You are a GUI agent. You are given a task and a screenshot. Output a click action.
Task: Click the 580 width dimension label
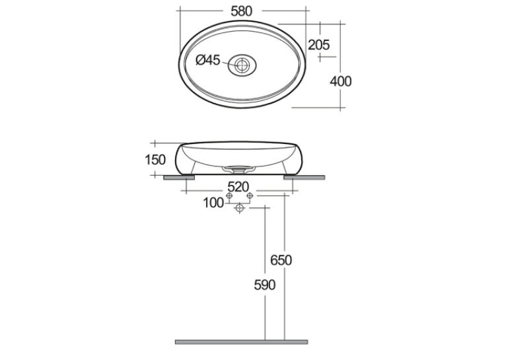tap(241, 11)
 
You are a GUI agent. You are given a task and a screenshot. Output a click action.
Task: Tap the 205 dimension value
tap(319, 45)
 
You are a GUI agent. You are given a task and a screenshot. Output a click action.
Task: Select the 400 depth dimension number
tap(340, 81)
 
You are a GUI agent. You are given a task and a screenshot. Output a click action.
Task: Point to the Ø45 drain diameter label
tap(208, 60)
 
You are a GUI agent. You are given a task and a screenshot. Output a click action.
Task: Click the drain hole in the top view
tap(242, 65)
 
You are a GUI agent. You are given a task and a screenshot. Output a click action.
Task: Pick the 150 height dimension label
tap(155, 160)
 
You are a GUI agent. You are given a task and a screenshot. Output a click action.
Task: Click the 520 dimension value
tap(238, 187)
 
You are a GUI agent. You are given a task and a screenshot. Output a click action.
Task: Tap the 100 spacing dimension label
tap(213, 203)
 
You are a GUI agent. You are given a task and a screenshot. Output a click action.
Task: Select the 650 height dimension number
tap(281, 260)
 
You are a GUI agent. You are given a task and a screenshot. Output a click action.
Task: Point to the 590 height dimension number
tap(265, 285)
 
